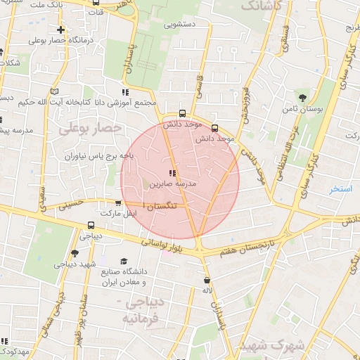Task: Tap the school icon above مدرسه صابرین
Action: coord(173,173)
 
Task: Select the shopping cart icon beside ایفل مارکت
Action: coord(118,202)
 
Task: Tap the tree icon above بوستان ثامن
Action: coord(303,97)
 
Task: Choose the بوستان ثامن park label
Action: coord(302,109)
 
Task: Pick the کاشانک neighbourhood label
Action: coord(263,6)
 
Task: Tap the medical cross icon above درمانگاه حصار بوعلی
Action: coord(62,30)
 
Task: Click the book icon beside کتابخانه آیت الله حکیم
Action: coord(55,92)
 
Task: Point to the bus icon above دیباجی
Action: coord(91,225)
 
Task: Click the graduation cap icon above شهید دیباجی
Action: coord(75,253)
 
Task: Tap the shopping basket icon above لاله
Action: coord(205,279)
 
